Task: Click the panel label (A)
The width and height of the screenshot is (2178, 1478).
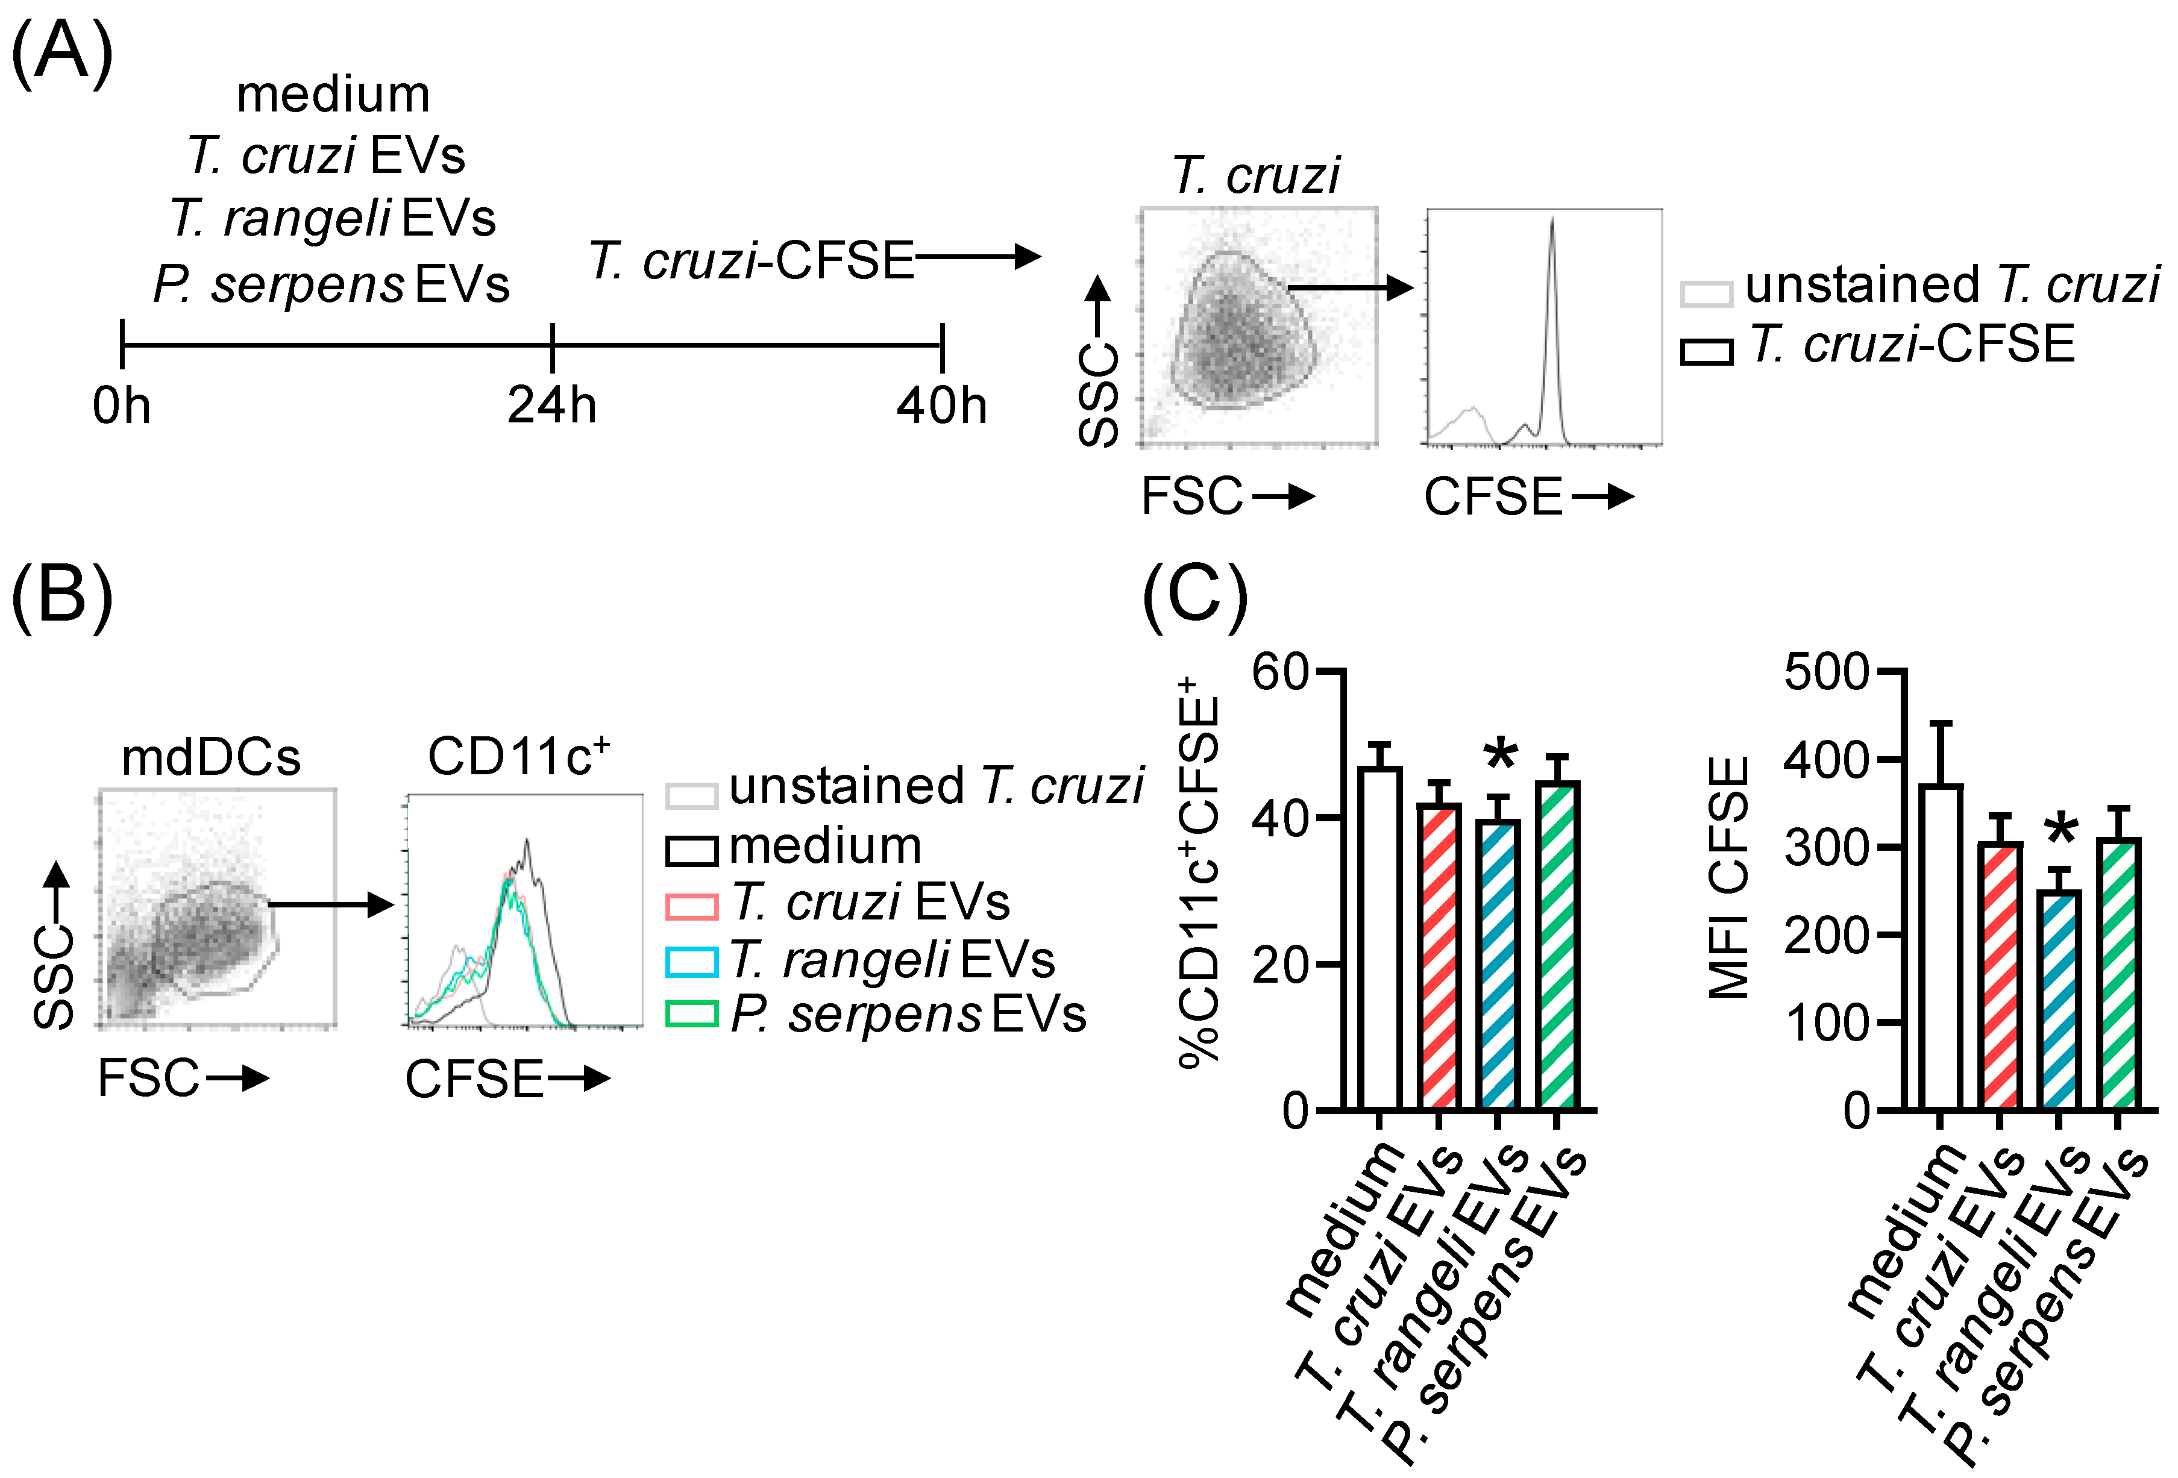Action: coord(62,54)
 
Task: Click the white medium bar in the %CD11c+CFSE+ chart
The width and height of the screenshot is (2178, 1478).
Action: coord(1379,937)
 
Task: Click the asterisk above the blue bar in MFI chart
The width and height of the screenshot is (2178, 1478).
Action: coord(2061,830)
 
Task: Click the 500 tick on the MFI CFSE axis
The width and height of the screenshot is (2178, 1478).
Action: coord(1827,672)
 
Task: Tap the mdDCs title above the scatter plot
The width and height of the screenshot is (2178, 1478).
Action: coord(211,757)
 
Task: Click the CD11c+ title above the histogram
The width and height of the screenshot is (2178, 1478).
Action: coord(518,756)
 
